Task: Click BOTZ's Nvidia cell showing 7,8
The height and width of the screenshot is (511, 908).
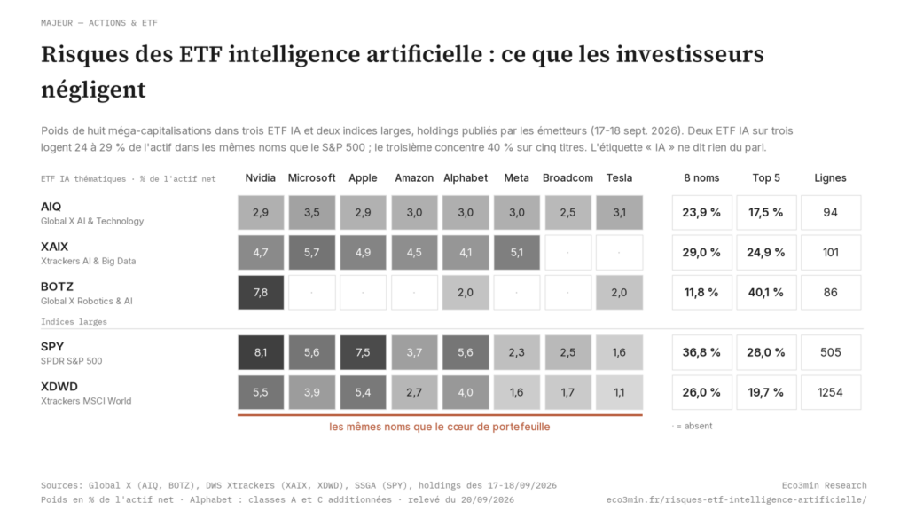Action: click(261, 293)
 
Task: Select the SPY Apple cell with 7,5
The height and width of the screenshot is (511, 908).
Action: click(363, 352)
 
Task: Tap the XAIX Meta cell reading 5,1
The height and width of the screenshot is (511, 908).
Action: click(517, 253)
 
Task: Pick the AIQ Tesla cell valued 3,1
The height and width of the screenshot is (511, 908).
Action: click(619, 213)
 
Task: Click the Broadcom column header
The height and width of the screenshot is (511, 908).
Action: click(567, 177)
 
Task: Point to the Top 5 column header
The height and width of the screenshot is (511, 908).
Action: click(766, 177)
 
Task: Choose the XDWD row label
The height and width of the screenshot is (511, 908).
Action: click(59, 387)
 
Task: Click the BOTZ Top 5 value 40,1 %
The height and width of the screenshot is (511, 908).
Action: click(766, 293)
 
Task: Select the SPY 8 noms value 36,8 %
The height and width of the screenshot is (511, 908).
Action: click(702, 352)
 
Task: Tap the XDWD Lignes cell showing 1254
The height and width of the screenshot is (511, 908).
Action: click(830, 392)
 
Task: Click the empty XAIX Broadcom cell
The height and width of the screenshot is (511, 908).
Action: click(567, 253)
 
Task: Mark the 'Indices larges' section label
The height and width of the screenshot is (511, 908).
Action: click(74, 321)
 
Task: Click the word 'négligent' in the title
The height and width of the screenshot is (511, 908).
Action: click(93, 90)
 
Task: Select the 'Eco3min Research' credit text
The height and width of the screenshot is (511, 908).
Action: click(824, 485)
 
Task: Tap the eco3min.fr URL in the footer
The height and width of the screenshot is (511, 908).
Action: click(737, 500)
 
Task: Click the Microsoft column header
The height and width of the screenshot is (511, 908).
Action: click(311, 177)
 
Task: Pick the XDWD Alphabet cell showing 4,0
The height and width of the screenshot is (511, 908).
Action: click(466, 392)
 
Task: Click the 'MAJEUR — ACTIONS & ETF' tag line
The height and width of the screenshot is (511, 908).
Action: click(99, 23)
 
